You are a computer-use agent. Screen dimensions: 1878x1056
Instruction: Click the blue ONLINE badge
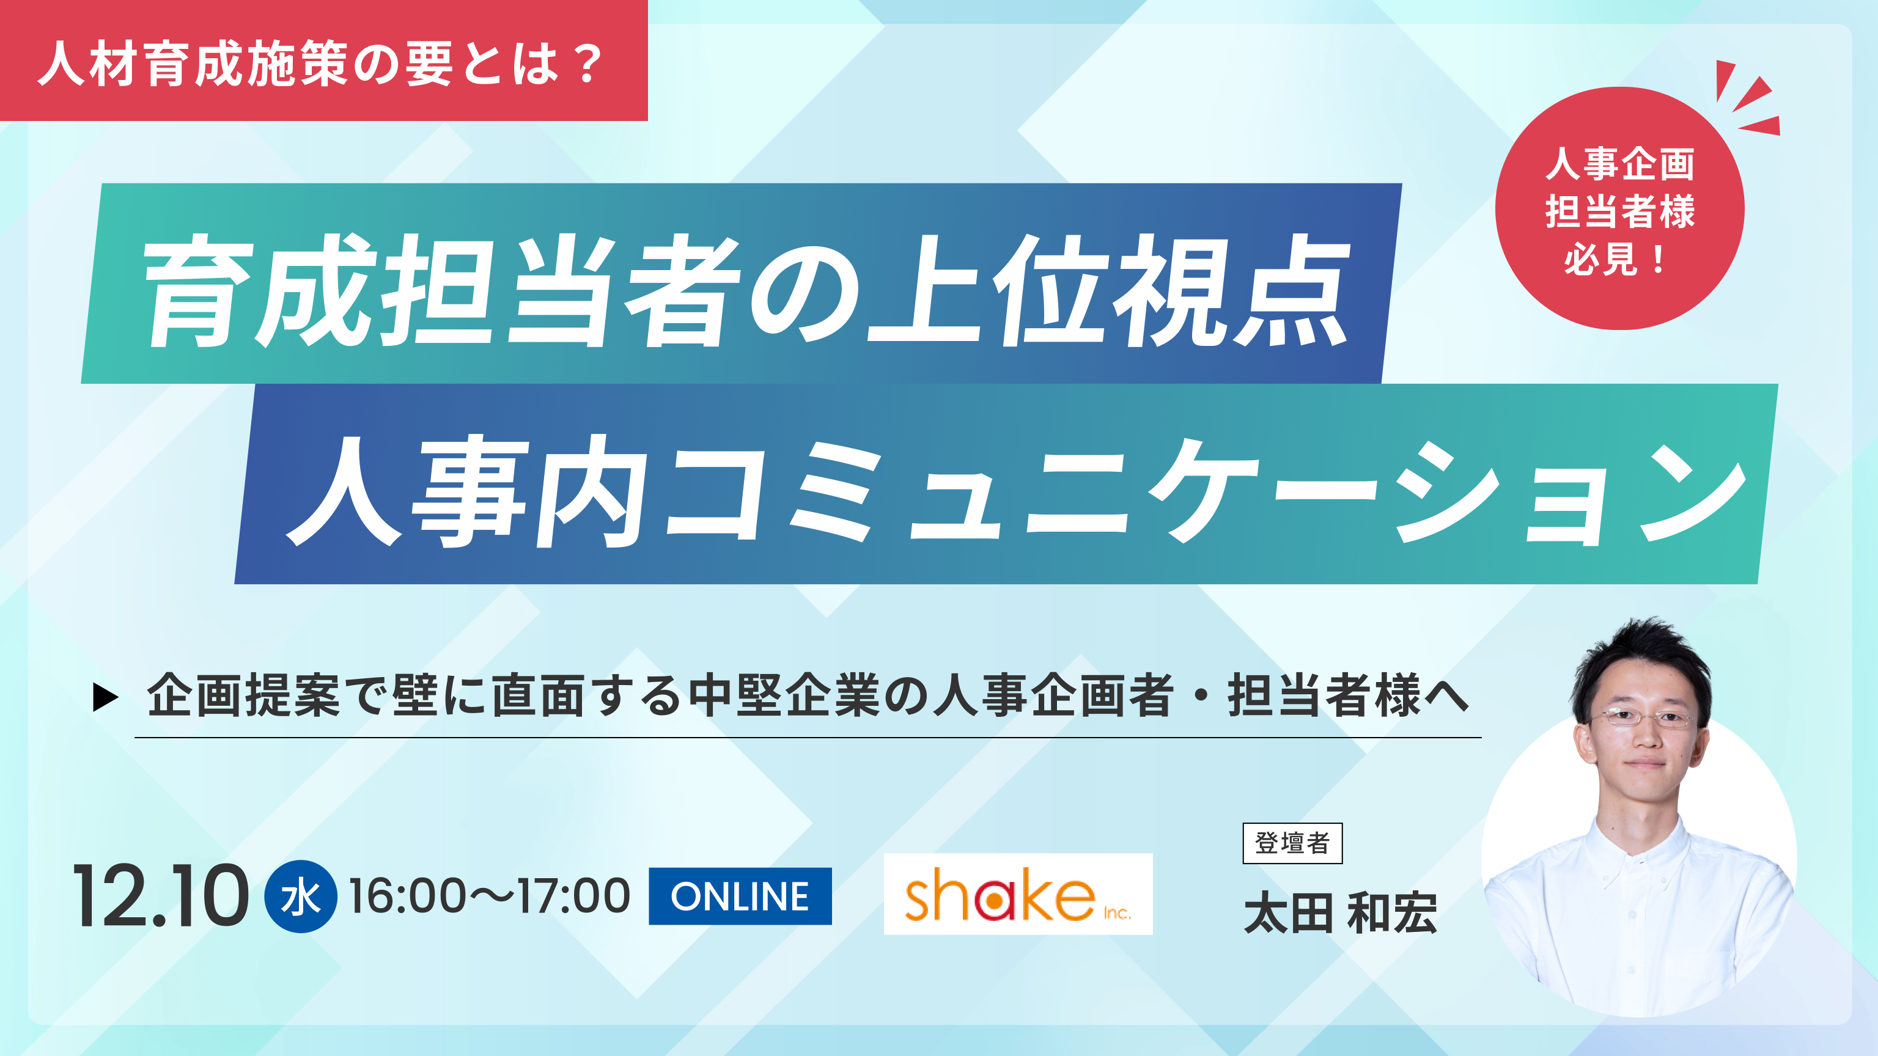click(x=740, y=896)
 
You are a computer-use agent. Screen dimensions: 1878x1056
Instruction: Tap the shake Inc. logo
click(x=1018, y=894)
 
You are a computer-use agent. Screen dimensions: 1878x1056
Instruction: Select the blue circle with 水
click(x=300, y=897)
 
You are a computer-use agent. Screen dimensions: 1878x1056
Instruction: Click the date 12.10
click(x=160, y=897)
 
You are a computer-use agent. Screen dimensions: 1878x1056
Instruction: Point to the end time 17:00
click(x=574, y=896)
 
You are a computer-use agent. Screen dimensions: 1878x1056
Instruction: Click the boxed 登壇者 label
click(x=1292, y=843)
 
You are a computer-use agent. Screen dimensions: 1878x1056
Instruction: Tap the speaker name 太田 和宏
click(x=1341, y=913)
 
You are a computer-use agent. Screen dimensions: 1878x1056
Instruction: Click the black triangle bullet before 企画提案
click(x=106, y=697)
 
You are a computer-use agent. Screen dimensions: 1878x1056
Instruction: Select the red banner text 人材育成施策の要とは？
click(x=322, y=64)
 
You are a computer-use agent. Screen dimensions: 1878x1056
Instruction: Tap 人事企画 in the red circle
click(x=1620, y=163)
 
